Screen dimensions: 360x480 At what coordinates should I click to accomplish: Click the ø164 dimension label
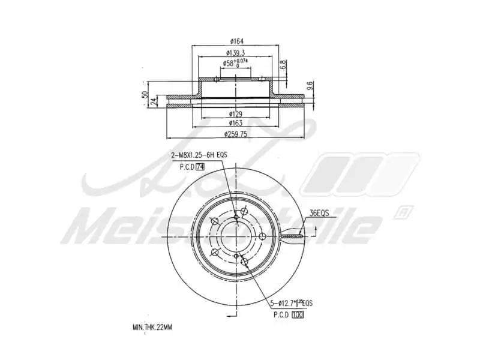coord(235,41)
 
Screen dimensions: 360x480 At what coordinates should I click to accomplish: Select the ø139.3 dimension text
coord(235,53)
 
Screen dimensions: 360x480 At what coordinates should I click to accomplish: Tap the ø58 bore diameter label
coord(235,63)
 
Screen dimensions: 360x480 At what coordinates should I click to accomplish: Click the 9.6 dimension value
coord(309,86)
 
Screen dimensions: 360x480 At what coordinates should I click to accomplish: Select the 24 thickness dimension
coord(154,101)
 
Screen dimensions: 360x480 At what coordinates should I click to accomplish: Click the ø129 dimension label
coord(235,113)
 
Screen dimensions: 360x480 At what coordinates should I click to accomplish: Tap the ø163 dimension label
coord(235,122)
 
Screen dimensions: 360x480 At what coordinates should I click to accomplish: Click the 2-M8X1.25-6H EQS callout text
coord(199,155)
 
